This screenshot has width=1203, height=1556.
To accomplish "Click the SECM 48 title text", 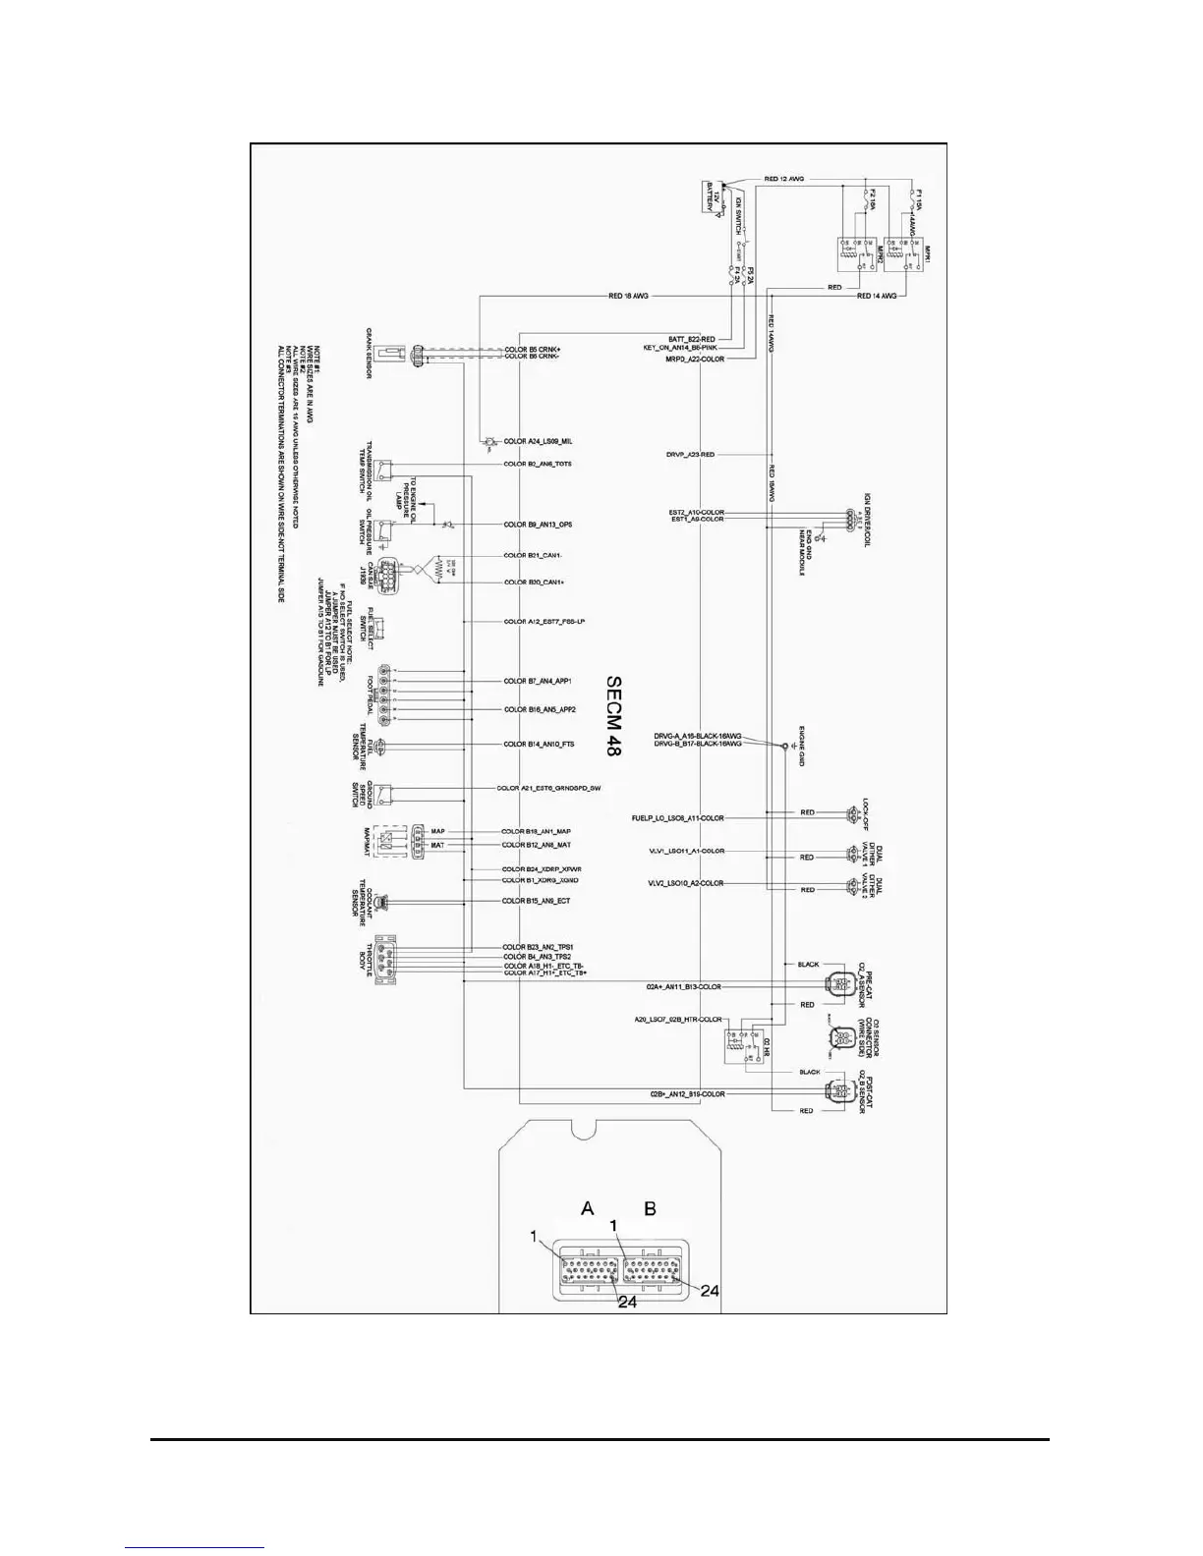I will point(614,714).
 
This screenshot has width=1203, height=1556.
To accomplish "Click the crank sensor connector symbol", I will point(419,354).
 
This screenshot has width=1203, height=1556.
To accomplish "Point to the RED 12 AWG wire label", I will point(784,179).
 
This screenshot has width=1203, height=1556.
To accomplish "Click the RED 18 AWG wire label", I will point(629,296).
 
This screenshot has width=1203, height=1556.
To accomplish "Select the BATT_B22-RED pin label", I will point(692,339).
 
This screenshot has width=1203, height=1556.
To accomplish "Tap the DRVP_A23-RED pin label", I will point(690,455).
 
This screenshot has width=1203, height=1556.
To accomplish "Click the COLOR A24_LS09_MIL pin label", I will point(539,442).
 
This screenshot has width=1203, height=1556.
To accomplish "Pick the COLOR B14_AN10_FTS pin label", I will point(539,745).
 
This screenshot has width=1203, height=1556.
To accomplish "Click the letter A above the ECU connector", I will point(588,1208).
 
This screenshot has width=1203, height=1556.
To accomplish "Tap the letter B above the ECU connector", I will point(650,1208).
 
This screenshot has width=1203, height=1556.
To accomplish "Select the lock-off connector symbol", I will point(851,813).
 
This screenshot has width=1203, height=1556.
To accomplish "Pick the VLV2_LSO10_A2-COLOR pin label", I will point(685,883).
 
